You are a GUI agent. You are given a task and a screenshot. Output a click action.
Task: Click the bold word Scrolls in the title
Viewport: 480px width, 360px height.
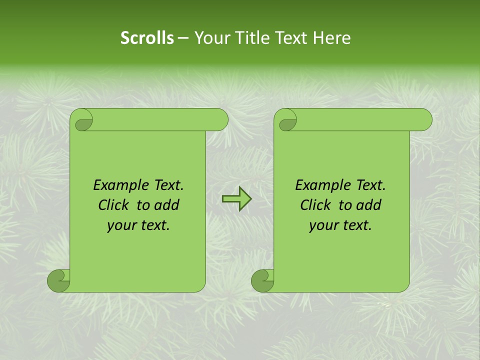pos(147,38)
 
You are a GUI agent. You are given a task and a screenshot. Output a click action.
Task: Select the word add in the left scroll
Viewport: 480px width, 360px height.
pos(167,205)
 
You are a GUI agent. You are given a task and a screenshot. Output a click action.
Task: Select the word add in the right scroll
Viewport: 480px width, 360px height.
pos(369,205)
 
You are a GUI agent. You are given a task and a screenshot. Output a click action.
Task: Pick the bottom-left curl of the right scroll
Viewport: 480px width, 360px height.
pos(261,281)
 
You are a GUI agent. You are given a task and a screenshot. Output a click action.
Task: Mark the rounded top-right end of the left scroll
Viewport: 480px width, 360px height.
pos(220,120)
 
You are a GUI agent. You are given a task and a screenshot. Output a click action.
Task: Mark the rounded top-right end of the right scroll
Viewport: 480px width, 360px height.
pos(424,120)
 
